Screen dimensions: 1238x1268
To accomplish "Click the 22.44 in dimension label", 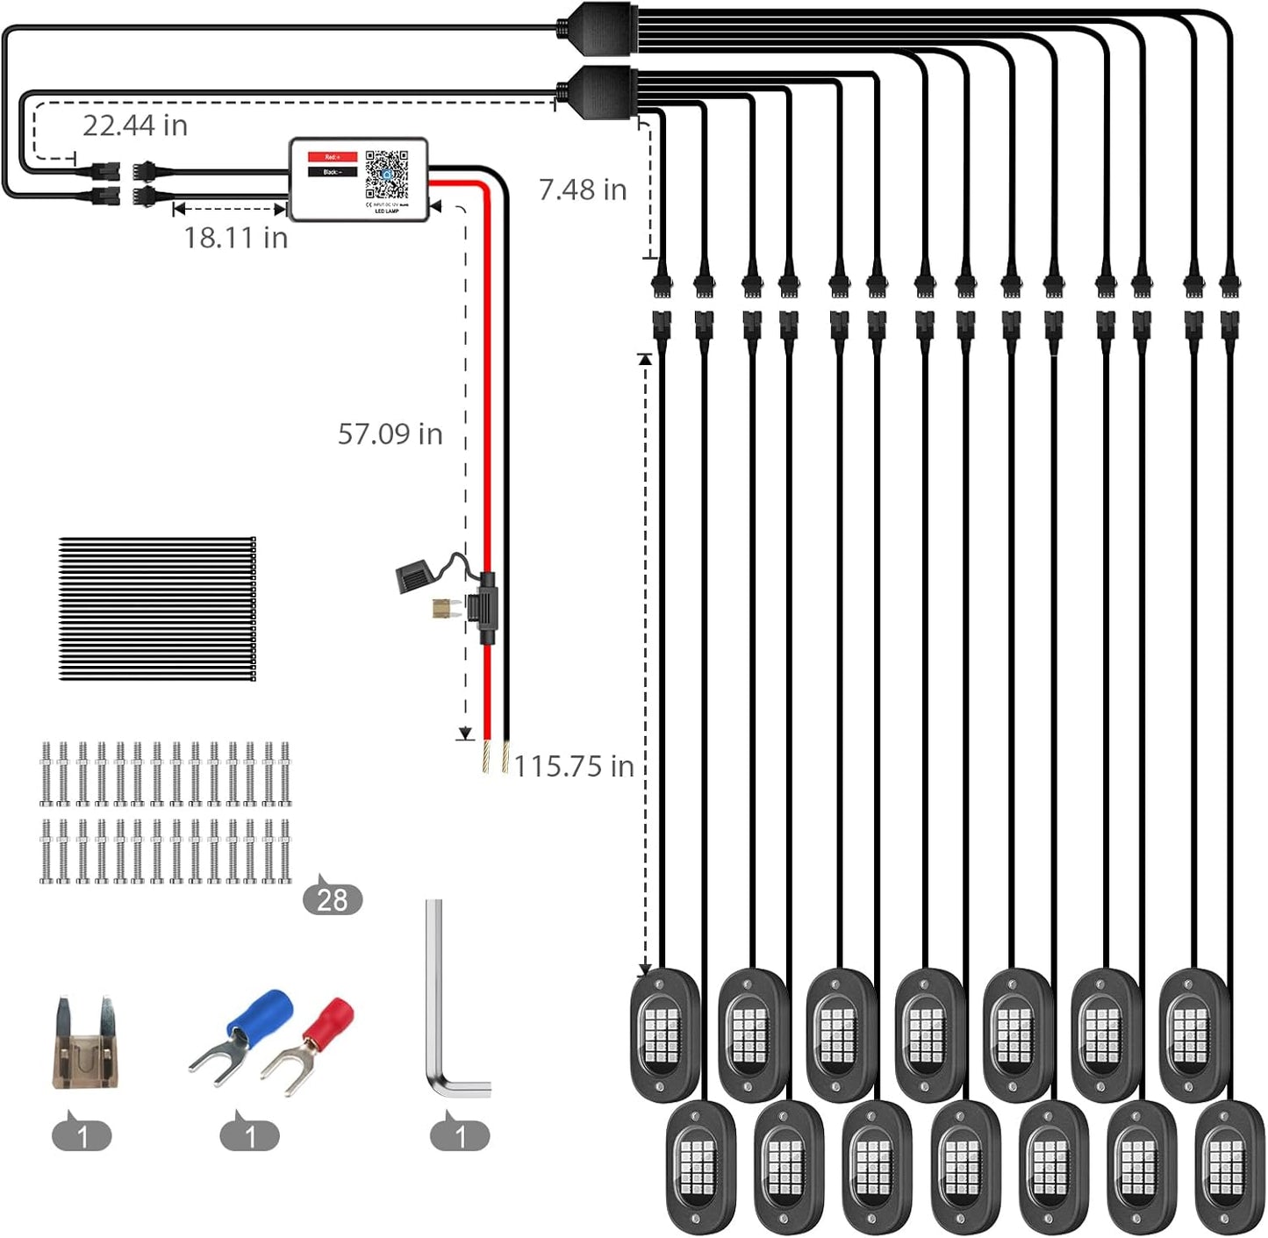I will (x=135, y=125).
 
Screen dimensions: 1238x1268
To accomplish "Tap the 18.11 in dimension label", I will (x=235, y=238).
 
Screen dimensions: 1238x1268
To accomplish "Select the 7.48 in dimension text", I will (x=582, y=190).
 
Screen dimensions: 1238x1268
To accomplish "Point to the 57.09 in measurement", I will (x=390, y=433).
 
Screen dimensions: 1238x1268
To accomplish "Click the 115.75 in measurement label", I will (x=573, y=766).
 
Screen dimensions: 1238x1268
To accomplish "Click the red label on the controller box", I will (x=332, y=157).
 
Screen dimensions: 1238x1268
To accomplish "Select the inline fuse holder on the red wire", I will (x=484, y=607).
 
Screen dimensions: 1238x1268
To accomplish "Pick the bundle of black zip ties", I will (x=157, y=609).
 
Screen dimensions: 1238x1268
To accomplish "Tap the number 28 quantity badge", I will (x=333, y=899).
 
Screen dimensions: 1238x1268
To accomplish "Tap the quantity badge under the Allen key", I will (x=460, y=1136).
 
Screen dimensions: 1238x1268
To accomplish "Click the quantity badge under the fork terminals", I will (x=250, y=1136).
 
